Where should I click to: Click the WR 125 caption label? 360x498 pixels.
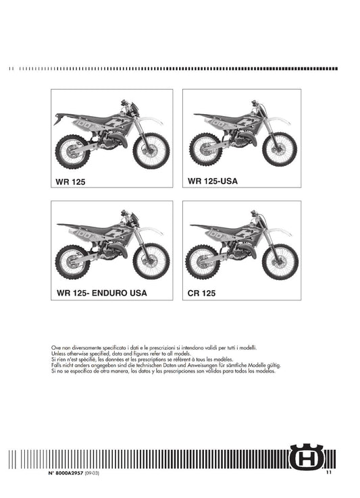pos(70,182)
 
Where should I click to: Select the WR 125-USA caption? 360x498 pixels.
pos(213,181)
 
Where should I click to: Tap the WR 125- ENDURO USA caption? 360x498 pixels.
pos(102,293)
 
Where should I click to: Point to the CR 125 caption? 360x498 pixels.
pos(201,293)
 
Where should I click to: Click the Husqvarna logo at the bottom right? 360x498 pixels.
pos(306,457)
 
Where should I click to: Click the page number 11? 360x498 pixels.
pos(328,472)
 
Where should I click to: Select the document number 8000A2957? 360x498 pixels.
pos(69,473)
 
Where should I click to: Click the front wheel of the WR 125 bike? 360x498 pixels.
pos(151,151)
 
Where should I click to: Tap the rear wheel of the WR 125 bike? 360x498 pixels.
pos(72,152)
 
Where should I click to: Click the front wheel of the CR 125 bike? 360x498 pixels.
pos(280,262)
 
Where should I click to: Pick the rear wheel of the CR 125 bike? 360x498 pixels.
pos(203,262)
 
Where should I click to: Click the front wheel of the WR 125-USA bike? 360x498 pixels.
pos(280,149)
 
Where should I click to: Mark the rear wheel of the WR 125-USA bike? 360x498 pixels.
pos(205,149)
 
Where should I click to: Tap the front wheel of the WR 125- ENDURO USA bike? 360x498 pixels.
pos(151,261)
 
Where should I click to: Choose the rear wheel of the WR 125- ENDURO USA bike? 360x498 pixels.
pos(72,262)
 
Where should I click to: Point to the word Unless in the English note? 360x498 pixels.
pos(59,354)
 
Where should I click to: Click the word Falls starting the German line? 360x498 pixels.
pos(55,365)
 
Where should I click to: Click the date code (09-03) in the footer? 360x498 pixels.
pos(92,473)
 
